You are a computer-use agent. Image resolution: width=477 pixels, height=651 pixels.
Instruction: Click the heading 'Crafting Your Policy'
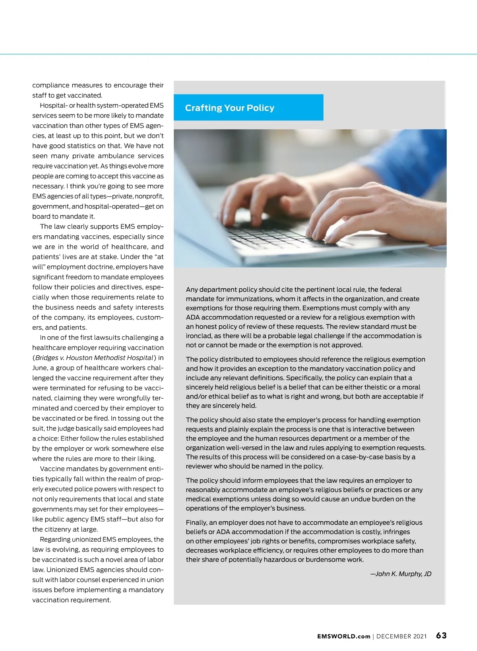229,108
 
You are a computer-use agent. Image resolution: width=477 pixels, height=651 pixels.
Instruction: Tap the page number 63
441,635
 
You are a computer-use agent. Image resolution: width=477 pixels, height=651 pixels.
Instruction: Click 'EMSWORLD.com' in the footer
343,636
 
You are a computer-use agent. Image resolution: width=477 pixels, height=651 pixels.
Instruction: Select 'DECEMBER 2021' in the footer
401,636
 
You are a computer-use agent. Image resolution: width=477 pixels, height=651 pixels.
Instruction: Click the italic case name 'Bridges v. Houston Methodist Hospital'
94,358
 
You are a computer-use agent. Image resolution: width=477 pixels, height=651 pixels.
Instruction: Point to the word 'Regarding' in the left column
55,539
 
